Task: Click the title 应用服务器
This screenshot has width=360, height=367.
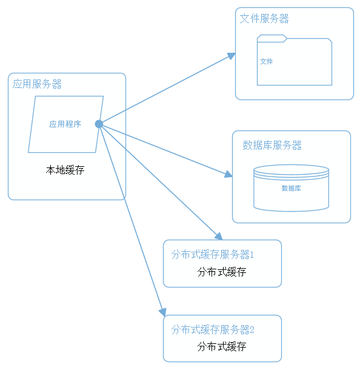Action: [37, 84]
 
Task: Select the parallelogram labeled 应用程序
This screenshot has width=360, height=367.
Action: [65, 124]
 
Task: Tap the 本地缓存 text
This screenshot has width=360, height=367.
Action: [65, 170]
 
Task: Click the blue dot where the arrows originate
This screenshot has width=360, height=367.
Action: [99, 124]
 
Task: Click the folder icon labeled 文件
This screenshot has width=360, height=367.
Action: [295, 62]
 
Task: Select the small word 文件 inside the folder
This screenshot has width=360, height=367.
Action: [266, 61]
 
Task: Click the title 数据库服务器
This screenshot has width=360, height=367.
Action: [272, 146]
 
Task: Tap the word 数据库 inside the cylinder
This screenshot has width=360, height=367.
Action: [291, 189]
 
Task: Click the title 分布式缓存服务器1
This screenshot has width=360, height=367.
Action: [212, 254]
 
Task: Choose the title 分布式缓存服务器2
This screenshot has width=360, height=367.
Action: [212, 330]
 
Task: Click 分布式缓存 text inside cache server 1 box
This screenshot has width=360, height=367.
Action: [221, 272]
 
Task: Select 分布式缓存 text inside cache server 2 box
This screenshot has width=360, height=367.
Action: [221, 347]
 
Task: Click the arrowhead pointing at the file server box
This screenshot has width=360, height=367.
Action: [232, 56]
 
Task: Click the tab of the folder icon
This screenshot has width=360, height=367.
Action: [271, 38]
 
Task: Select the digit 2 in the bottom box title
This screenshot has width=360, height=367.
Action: [252, 330]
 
